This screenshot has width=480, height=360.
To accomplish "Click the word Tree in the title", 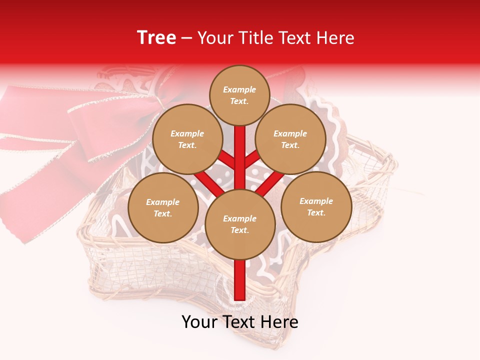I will click(x=156, y=37).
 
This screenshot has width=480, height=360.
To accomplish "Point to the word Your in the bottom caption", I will click(x=199, y=322).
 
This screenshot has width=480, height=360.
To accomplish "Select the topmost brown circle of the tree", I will click(x=239, y=95).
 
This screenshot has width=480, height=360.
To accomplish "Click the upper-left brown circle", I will click(x=187, y=139).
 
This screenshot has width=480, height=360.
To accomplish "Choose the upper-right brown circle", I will click(x=290, y=139).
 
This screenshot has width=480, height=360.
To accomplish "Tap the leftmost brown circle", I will click(x=163, y=207).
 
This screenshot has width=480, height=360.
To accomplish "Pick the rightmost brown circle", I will click(x=316, y=206).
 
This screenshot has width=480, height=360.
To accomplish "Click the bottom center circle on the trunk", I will click(x=239, y=224).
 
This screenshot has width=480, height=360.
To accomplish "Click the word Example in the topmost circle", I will click(x=239, y=89).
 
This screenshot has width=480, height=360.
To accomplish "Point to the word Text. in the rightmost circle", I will click(x=316, y=212).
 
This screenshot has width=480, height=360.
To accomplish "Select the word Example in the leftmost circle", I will click(x=163, y=202).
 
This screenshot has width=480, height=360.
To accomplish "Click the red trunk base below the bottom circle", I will click(x=240, y=280).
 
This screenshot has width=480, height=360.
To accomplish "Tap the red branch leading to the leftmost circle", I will click(x=207, y=182).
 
